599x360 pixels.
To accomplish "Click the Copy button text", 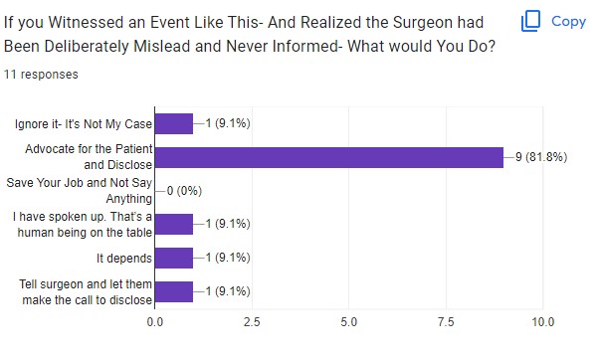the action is [x=568, y=22].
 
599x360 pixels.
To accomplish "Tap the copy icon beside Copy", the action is [x=531, y=21].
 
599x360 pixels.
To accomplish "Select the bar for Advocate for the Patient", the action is [x=329, y=157].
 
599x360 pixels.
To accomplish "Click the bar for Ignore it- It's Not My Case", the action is [x=174, y=123].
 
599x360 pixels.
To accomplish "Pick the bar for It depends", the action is [x=174, y=259].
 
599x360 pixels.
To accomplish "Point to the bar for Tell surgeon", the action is [x=174, y=292].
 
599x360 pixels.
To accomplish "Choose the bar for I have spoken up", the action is [x=174, y=224].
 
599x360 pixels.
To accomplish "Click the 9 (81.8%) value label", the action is [x=541, y=157].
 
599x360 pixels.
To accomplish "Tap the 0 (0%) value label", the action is [x=184, y=191].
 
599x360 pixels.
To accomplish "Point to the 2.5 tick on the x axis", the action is [x=252, y=322].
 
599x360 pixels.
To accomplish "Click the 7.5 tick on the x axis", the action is [x=446, y=322].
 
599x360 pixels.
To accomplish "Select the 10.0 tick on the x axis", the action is [x=543, y=322].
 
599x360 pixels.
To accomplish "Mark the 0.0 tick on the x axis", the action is [x=154, y=322].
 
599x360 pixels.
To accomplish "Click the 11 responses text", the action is [x=41, y=74].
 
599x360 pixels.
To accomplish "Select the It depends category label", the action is [x=124, y=259].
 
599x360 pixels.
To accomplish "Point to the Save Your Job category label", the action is [x=80, y=191].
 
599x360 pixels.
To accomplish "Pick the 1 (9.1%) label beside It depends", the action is [x=228, y=258].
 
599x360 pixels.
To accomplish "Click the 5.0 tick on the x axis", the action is [x=349, y=322].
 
